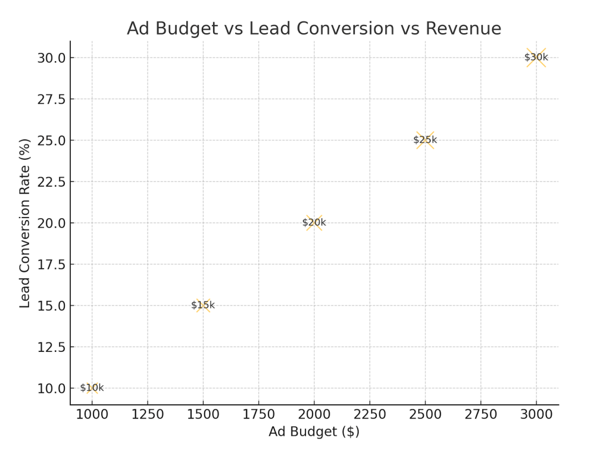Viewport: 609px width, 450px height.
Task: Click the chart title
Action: coord(314,29)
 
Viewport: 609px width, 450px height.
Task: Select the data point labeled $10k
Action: coord(92,388)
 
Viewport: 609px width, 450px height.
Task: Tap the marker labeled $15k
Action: coord(203,305)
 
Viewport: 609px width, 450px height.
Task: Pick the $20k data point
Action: coord(314,223)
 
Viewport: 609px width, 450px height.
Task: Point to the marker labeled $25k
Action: coord(425,140)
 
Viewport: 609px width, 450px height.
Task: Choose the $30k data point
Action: coord(536,58)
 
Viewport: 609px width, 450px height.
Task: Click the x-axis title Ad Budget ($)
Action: coord(314,432)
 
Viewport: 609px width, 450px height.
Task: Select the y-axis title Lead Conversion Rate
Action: coord(24,223)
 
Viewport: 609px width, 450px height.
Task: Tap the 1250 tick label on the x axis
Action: coord(147,414)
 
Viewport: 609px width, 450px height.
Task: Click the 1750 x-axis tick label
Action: coord(258,414)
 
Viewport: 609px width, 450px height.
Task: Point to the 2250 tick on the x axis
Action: coord(370,414)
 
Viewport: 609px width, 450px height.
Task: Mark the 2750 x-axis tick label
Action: coord(480,414)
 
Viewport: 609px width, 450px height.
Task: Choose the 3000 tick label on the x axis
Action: coord(536,414)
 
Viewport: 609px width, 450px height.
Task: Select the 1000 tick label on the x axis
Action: coord(92,414)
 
